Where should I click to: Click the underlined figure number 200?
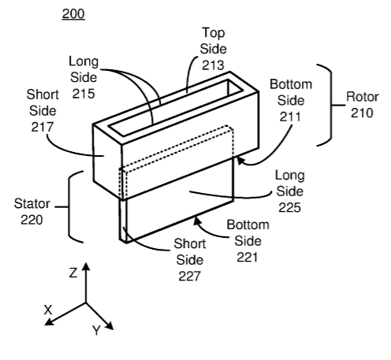(x=73, y=13)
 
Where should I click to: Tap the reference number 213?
(x=213, y=65)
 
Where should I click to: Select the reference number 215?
(x=84, y=94)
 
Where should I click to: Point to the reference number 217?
(x=42, y=127)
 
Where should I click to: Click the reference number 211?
(x=290, y=117)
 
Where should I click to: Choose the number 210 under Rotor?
(x=362, y=113)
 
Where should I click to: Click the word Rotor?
(x=362, y=97)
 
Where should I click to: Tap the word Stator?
(x=32, y=203)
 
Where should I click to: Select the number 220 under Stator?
(x=32, y=220)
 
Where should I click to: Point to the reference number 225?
(x=289, y=207)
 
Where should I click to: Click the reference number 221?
(x=247, y=258)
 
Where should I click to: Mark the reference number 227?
(x=189, y=276)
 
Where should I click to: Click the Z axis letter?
(x=73, y=273)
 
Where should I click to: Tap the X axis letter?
(x=48, y=310)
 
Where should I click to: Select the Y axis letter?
(x=97, y=330)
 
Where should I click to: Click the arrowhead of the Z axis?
(x=86, y=266)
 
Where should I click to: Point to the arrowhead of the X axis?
(x=49, y=322)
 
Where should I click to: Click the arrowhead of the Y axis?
(x=110, y=326)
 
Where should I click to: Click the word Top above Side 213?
(x=214, y=33)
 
